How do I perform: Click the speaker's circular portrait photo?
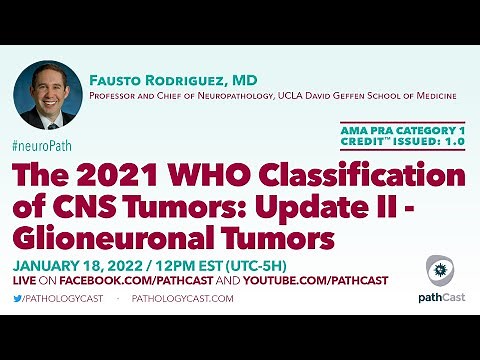[47, 96]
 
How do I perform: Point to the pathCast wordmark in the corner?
[439, 297]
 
